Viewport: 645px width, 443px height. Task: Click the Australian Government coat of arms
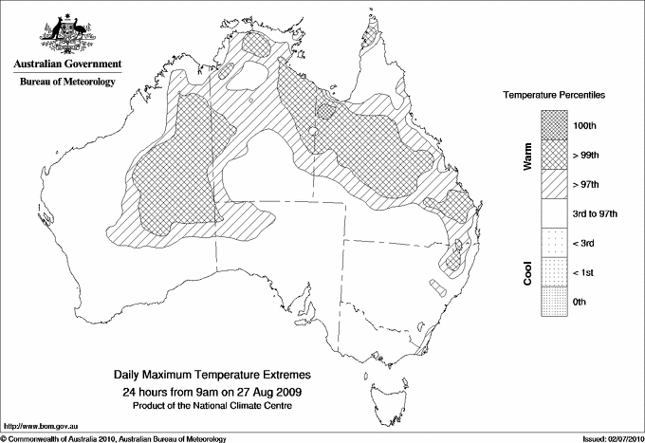click(67, 34)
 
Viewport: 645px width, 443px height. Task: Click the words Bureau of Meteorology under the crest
click(67, 83)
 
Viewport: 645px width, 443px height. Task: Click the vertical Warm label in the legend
click(526, 157)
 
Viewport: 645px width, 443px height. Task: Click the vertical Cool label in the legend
click(526, 272)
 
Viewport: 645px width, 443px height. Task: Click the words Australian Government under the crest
click(67, 65)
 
